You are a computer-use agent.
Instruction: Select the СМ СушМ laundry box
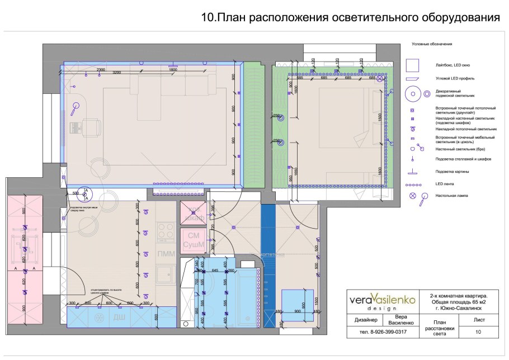point(194,240)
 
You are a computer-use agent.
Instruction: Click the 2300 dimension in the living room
point(101,69)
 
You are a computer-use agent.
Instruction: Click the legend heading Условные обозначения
point(431,44)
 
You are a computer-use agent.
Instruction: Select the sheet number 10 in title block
point(478,332)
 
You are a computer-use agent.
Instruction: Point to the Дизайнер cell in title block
point(365,320)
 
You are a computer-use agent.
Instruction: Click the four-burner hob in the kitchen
point(166,231)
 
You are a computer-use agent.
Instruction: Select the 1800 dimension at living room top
point(173,69)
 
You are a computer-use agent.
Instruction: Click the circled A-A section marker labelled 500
point(86,193)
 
